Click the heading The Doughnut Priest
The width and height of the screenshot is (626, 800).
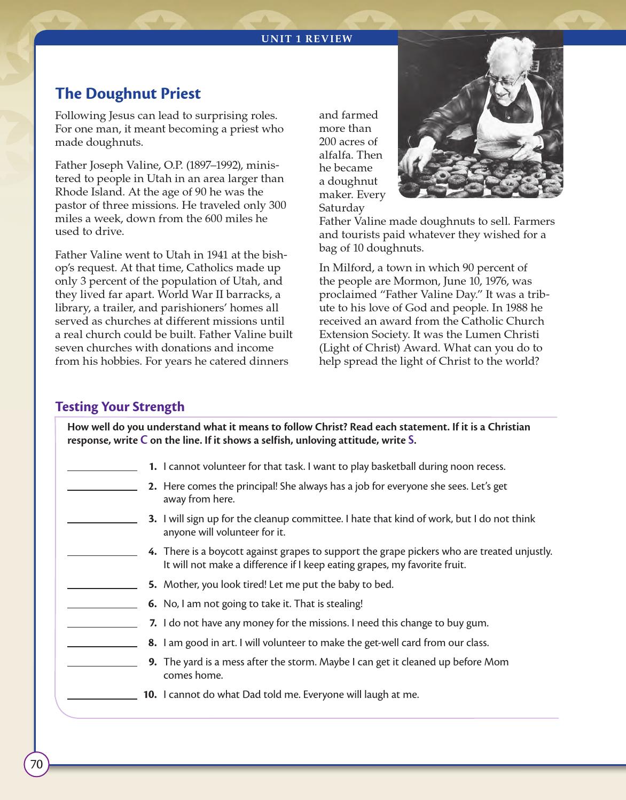128,93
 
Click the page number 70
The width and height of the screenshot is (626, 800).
36,764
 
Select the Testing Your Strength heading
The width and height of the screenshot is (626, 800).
120,406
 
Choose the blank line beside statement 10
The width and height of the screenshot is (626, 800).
102,697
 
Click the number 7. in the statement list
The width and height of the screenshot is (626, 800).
153,623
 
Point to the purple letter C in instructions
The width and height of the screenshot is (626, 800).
144,441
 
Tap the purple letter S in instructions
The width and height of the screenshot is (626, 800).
411,441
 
